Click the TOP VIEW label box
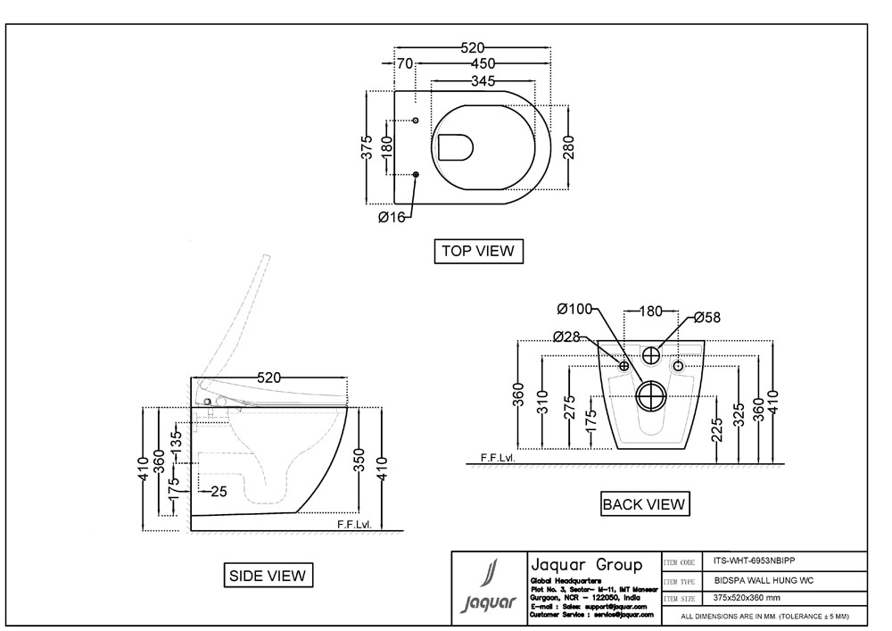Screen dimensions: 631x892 pos(478,251)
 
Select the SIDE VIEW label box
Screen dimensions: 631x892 pos(268,576)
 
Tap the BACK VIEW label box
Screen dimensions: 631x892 pos(644,504)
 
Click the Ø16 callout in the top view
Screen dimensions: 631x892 pos(391,217)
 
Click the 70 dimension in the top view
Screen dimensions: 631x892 pos(405,63)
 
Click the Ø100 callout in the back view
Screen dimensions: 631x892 pos(574,309)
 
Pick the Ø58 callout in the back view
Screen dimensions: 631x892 pos(707,317)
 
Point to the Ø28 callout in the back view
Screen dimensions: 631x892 pos(566,336)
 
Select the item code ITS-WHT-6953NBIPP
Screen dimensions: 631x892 pos(754,561)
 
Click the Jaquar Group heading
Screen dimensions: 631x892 pos(586,565)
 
